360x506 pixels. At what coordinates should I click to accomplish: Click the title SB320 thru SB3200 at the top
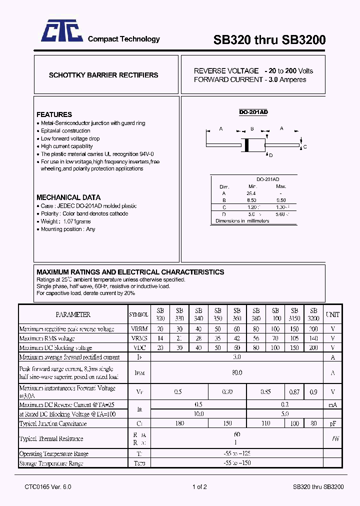269,40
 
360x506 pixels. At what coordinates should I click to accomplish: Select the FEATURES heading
54,114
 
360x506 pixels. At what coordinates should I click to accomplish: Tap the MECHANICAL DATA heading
68,197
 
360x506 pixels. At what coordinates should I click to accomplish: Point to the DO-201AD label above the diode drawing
253,112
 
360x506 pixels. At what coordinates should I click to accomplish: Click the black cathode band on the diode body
246,144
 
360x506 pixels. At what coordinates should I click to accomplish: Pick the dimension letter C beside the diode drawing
304,147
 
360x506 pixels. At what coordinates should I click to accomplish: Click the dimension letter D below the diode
270,155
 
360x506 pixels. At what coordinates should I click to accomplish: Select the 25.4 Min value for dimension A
251,193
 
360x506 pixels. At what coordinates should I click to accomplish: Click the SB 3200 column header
313,314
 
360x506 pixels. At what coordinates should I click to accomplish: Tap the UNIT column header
332,314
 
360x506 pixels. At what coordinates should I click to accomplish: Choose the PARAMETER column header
73,314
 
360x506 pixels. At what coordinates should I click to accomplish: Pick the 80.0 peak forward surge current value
237,372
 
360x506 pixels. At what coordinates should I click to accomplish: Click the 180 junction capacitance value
179,423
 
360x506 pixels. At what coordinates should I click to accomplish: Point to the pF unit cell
332,423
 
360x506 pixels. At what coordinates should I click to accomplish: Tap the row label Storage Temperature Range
51,463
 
